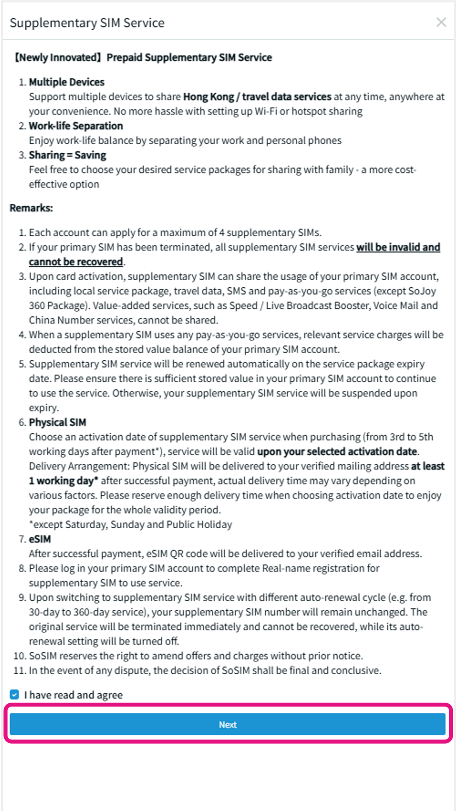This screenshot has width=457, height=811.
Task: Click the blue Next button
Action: [228, 724]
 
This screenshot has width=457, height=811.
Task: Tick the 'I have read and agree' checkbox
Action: [15, 695]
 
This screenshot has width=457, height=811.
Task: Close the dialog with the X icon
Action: [441, 22]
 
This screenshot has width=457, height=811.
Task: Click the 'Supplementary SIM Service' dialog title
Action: [87, 23]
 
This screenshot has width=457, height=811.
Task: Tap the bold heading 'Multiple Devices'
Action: [67, 82]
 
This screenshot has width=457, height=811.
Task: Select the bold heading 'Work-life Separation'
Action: [76, 126]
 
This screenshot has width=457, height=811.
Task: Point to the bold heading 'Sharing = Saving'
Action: [67, 155]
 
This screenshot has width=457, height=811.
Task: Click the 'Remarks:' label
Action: [31, 208]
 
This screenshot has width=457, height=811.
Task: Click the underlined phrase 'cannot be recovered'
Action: [76, 262]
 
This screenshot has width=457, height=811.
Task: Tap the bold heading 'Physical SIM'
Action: [57, 422]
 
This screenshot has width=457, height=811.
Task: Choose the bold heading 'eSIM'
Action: [40, 539]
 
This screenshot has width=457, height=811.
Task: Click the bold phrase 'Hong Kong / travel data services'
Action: [257, 97]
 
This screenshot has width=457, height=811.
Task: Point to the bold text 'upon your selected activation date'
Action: [337, 451]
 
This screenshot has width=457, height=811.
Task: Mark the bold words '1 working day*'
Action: [64, 480]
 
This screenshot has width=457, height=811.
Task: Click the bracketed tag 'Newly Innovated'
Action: [58, 57]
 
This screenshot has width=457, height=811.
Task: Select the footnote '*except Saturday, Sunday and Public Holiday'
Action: [131, 524]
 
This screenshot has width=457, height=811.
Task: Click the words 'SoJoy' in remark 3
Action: [422, 291]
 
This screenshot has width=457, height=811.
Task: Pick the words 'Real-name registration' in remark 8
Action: [321, 568]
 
